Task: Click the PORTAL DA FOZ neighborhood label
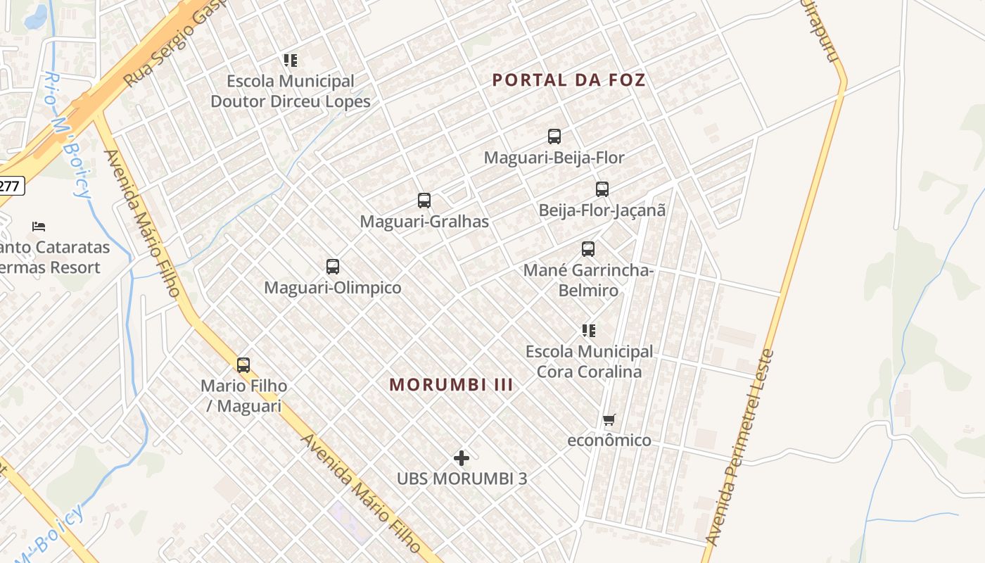click(568, 80)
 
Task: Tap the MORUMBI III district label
click(451, 384)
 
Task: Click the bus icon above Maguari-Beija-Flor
click(554, 137)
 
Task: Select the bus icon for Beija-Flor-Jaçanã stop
click(602, 189)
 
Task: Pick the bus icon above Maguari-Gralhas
click(424, 201)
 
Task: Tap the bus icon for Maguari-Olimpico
click(333, 267)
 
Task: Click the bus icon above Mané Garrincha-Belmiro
click(588, 249)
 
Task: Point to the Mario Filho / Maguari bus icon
click(243, 365)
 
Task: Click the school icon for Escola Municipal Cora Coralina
click(589, 330)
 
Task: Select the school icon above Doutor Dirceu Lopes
click(290, 61)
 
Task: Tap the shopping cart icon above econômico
click(609, 419)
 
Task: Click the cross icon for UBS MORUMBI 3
click(462, 458)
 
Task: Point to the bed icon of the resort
click(39, 227)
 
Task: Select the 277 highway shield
click(11, 186)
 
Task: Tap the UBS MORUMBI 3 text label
click(462, 479)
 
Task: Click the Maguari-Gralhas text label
click(424, 222)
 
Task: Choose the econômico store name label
click(609, 441)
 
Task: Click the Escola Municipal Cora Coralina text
click(589, 361)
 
